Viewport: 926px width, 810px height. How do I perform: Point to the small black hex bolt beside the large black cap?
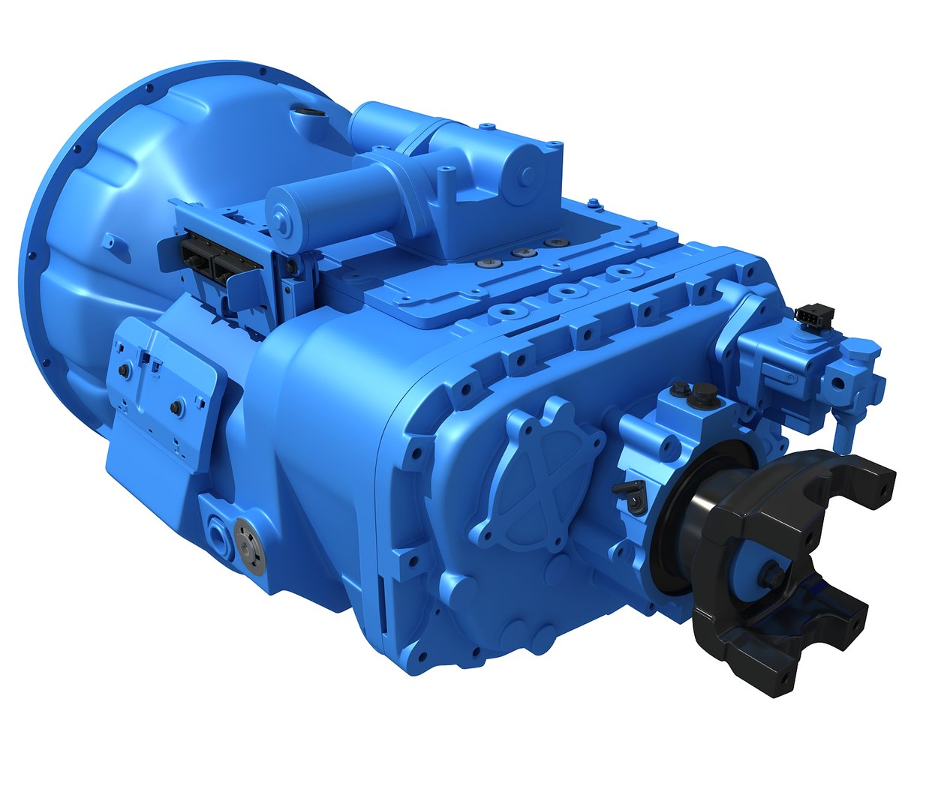(x=681, y=387)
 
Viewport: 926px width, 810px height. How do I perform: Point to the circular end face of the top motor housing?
(x=528, y=175)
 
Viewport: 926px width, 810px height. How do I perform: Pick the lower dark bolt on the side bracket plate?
(x=175, y=407)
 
